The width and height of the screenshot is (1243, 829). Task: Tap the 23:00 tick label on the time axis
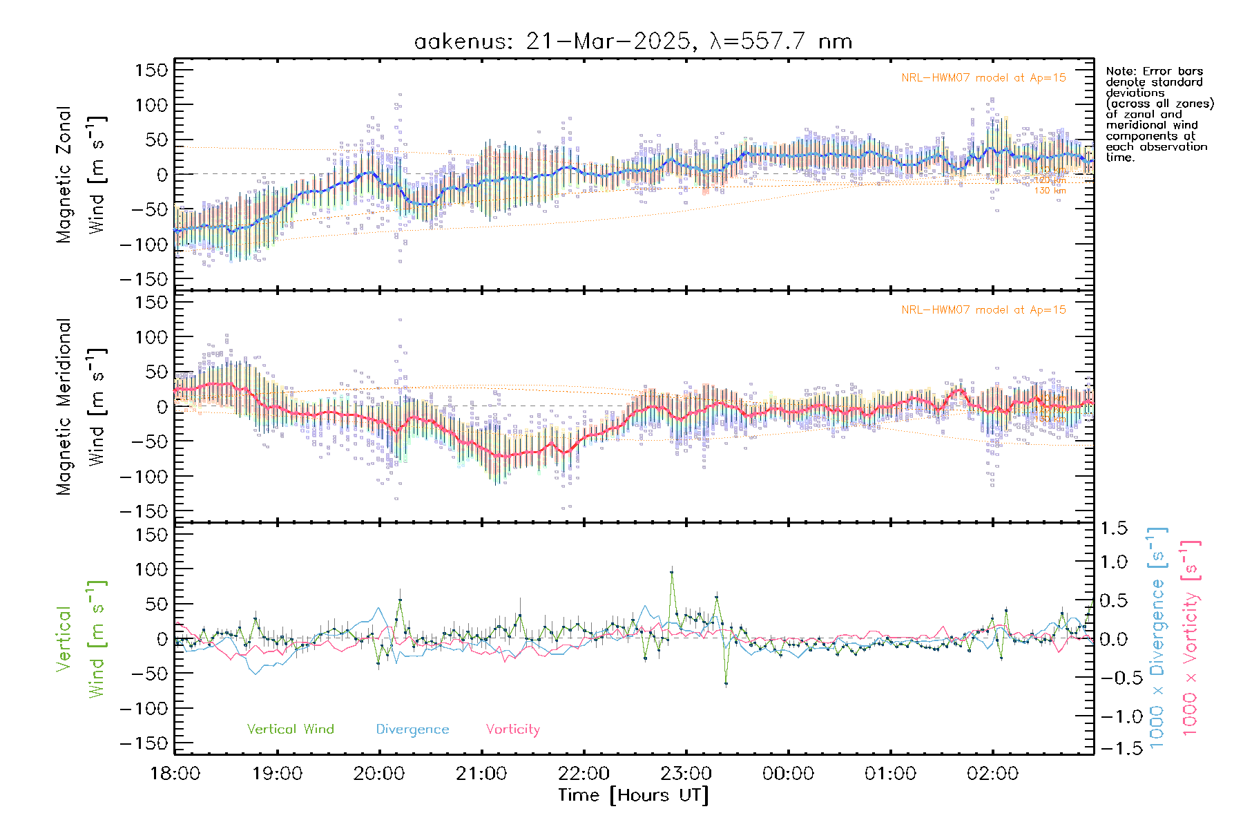(686, 774)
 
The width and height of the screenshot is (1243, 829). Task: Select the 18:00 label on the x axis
(175, 774)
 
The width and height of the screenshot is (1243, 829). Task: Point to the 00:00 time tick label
(788, 774)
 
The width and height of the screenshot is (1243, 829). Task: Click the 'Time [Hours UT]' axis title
(633, 796)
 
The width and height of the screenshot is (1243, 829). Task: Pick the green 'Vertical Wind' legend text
(290, 729)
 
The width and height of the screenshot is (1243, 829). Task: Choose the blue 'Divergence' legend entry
(412, 729)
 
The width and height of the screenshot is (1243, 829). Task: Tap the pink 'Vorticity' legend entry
(512, 729)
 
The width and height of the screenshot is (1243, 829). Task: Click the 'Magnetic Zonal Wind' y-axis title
(81, 174)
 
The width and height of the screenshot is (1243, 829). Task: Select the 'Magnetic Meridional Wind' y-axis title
(81, 407)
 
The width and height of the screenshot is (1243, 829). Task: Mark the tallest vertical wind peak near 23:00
(671, 572)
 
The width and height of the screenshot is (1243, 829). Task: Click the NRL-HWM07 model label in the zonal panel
(983, 78)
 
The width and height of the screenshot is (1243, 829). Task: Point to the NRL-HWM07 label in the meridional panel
(983, 310)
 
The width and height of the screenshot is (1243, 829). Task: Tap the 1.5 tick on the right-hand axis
(1113, 528)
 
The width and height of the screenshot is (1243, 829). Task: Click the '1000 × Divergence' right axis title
(1157, 638)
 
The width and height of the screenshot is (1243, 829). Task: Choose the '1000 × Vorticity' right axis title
(1190, 638)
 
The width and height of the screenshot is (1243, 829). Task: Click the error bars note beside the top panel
(1159, 114)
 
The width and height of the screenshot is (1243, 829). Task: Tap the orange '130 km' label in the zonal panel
(1050, 191)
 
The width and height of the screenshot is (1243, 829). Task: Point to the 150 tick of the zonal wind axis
(151, 70)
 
